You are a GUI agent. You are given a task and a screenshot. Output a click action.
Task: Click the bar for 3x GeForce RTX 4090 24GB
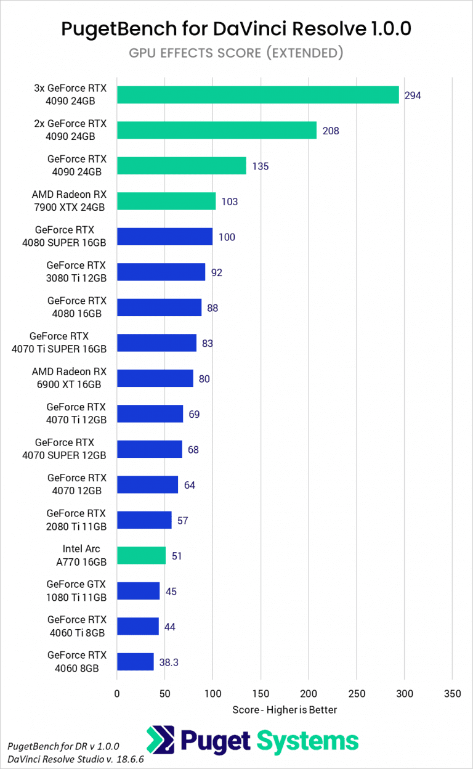257,95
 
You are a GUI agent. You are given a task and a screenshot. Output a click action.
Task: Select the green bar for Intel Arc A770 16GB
141,556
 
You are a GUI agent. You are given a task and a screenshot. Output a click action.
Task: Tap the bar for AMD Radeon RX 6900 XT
155,378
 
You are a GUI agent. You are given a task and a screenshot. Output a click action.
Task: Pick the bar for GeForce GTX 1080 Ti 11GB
138,591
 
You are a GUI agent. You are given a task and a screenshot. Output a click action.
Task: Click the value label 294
413,96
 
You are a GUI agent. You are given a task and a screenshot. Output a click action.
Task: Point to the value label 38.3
169,662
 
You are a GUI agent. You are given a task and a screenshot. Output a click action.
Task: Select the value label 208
330,131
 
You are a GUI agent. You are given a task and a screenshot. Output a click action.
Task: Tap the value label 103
229,201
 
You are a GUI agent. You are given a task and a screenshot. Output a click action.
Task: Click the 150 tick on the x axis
261,694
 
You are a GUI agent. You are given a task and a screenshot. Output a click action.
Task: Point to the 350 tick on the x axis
452,694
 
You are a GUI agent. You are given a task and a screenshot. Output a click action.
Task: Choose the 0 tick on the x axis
117,694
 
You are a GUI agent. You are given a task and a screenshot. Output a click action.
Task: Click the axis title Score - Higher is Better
285,710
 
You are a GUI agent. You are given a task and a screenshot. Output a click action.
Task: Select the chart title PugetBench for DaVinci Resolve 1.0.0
236,28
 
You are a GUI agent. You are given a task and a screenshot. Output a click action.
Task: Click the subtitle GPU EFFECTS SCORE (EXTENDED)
236,53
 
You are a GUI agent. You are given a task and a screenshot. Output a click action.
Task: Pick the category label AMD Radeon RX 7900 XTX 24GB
69,201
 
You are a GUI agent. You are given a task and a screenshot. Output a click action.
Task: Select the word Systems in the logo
307,741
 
